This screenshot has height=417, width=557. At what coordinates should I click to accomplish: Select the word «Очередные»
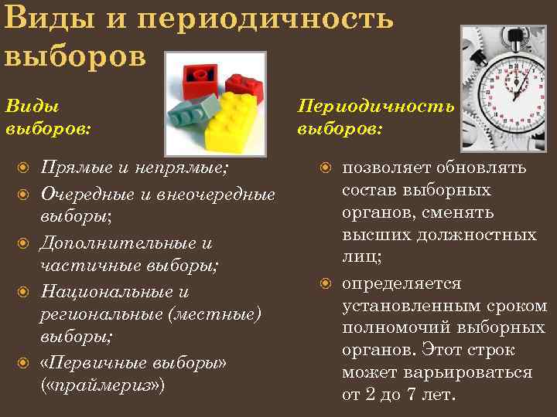point(86,193)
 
